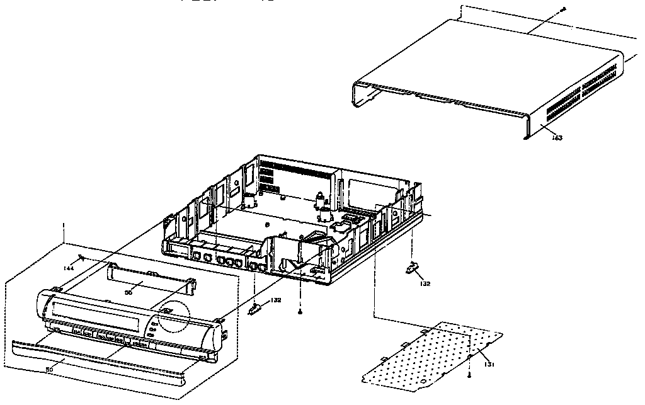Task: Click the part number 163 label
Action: click(x=557, y=137)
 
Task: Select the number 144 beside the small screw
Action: click(x=68, y=268)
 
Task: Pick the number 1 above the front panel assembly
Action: click(x=63, y=225)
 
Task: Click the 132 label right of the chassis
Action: click(x=426, y=283)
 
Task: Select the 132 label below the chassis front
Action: click(x=275, y=300)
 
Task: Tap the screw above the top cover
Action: click(x=564, y=9)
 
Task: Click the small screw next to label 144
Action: click(x=81, y=258)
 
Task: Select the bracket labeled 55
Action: click(x=151, y=278)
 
